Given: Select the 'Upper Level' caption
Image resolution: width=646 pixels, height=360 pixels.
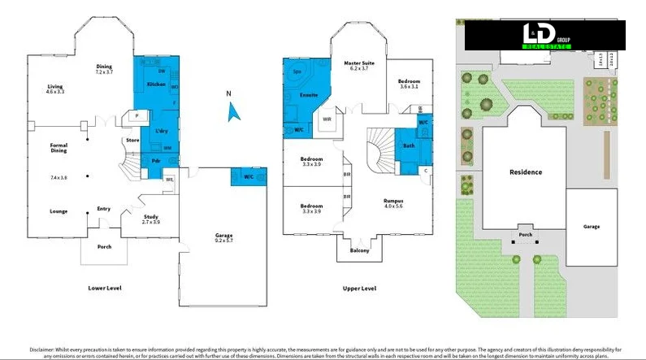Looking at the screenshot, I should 358,288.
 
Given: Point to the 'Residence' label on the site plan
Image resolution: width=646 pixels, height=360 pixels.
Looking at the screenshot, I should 525,172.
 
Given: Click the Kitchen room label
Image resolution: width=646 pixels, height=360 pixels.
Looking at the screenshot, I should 156,84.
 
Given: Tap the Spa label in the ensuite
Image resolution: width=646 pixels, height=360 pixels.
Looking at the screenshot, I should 296,72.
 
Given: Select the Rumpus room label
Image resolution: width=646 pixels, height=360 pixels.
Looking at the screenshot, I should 393,201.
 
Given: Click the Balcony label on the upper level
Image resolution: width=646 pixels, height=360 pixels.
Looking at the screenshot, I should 359,250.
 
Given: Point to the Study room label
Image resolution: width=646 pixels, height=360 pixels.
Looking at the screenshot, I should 151,217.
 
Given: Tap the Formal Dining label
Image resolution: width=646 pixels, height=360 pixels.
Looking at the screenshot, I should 59,148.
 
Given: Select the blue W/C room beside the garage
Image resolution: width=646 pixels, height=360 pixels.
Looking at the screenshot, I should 248,176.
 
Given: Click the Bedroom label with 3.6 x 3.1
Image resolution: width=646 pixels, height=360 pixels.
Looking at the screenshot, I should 409,84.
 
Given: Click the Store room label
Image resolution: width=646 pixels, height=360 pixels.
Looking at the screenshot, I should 133,141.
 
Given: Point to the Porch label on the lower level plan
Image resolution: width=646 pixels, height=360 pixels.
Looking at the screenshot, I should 104,246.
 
